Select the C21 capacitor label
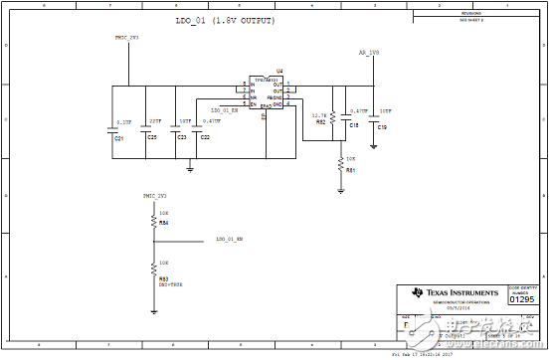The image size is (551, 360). click(119, 137)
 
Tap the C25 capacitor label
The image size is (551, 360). click(152, 137)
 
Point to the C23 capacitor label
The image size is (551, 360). click(181, 137)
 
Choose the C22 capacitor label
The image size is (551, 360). click(205, 137)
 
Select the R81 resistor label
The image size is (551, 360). click(350, 170)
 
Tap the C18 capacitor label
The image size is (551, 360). click(354, 126)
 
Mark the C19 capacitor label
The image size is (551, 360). click(382, 128)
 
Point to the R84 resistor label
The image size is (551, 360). click(164, 224)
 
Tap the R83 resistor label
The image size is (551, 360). click(164, 279)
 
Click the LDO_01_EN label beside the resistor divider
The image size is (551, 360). click(230, 240)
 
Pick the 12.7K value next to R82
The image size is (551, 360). click(319, 115)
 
